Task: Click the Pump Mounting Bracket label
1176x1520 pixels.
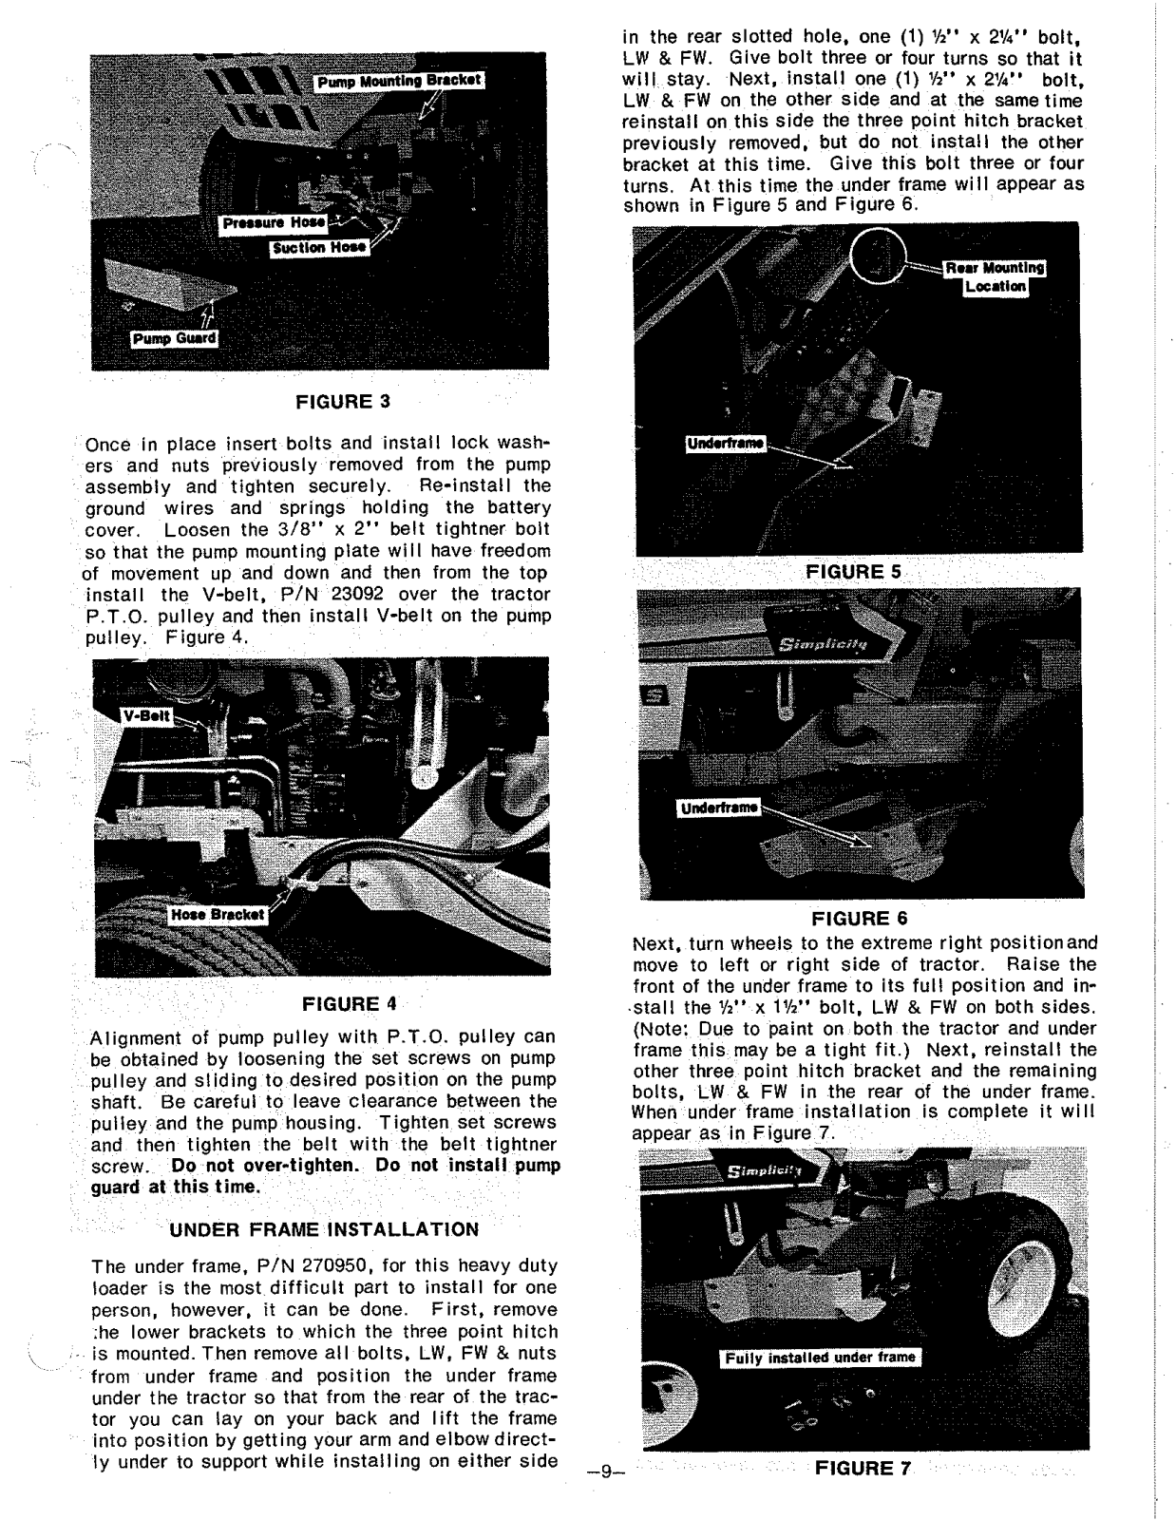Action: (x=398, y=82)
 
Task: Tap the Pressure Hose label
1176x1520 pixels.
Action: (x=273, y=224)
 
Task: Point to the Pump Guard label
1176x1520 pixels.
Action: (x=174, y=339)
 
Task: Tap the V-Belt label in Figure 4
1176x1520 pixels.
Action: (x=146, y=716)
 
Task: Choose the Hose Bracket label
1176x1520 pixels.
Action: (x=218, y=914)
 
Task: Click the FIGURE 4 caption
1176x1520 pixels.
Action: (x=349, y=1004)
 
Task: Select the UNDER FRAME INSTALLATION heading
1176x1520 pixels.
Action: (x=323, y=1230)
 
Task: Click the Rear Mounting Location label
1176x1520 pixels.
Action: (x=992, y=276)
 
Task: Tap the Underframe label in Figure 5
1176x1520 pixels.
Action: (x=726, y=445)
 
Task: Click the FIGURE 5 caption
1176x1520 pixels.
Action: (x=852, y=572)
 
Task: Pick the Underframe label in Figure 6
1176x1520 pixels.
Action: (x=717, y=808)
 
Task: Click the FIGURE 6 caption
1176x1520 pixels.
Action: (x=860, y=919)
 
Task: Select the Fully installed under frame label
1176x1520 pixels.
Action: (x=819, y=1358)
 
